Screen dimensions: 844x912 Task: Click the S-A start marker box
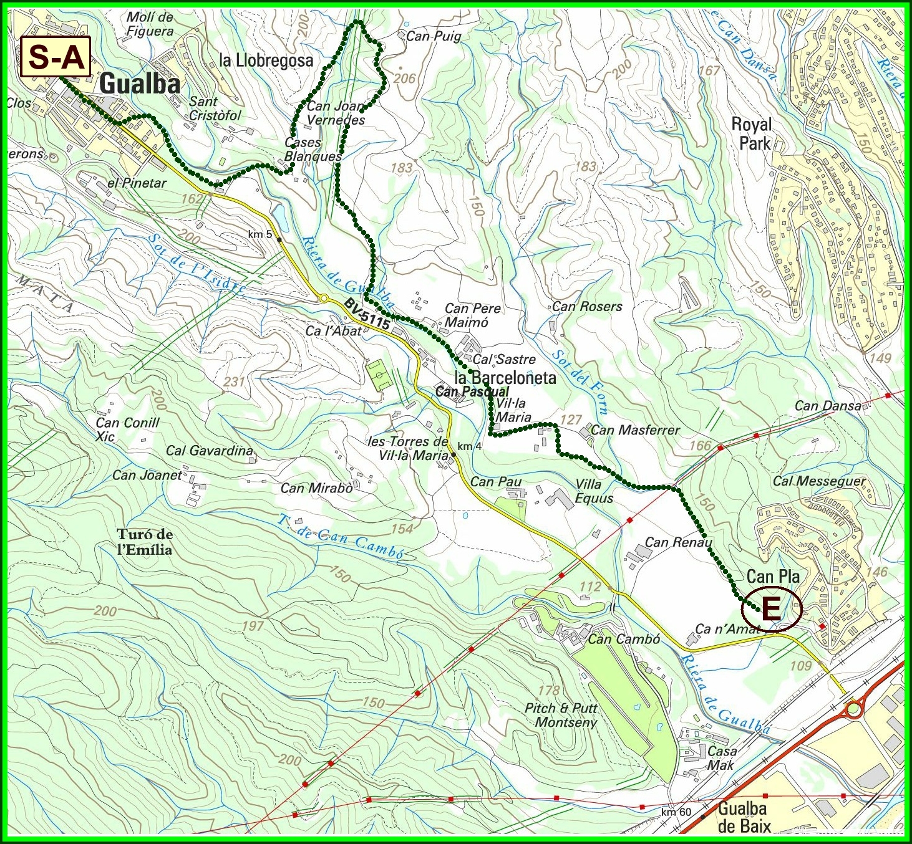pos(56,57)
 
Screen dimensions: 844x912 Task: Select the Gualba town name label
pos(140,84)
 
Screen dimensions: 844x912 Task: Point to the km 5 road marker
pos(260,234)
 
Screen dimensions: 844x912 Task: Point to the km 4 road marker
pos(469,446)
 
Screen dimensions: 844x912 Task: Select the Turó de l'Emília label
pos(145,542)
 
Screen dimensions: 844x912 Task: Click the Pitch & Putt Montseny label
pos(561,715)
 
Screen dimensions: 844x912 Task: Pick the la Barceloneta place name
pos(505,378)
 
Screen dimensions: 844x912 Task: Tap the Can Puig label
pos(434,36)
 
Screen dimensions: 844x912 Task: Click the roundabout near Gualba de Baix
pos(853,709)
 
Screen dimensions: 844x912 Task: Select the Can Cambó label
pos(624,639)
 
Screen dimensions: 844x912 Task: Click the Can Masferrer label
pos(635,429)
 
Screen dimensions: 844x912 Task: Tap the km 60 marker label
pos(676,812)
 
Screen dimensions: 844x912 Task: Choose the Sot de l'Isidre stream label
pos(196,263)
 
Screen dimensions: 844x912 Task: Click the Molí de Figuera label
pos(150,24)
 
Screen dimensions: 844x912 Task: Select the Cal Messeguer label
pos(819,481)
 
